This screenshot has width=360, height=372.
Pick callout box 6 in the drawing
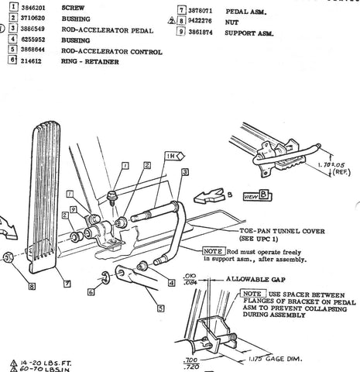coord(102,292)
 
